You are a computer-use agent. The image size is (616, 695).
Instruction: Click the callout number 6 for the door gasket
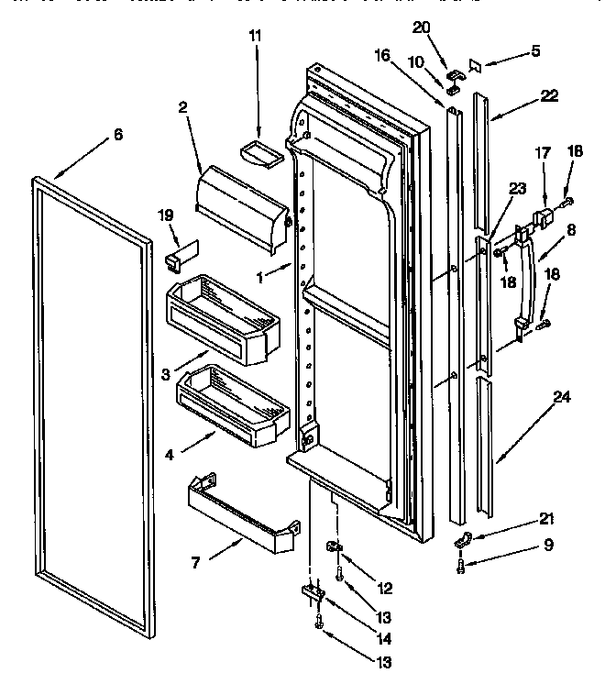117,135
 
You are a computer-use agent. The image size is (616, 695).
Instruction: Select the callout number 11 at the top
255,36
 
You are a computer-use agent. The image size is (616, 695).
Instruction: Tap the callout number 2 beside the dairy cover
184,107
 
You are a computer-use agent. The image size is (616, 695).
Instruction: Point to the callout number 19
165,215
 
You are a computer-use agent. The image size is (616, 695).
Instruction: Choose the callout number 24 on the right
561,398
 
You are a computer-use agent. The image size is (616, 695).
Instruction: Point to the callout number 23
516,189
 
